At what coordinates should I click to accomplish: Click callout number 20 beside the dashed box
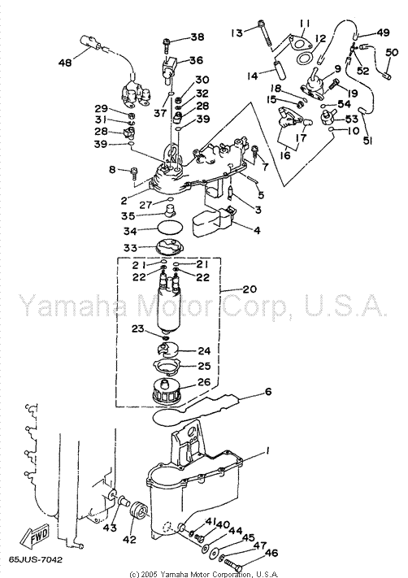pyautogui.click(x=250, y=289)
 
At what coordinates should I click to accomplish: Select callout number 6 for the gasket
pyautogui.click(x=268, y=392)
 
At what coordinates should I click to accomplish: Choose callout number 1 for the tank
pyautogui.click(x=268, y=450)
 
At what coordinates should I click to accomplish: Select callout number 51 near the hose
pyautogui.click(x=367, y=140)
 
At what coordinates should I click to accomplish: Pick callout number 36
pyautogui.click(x=196, y=60)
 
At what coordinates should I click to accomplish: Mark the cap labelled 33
pyautogui.click(x=169, y=246)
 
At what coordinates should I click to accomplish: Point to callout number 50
pyautogui.click(x=392, y=53)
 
